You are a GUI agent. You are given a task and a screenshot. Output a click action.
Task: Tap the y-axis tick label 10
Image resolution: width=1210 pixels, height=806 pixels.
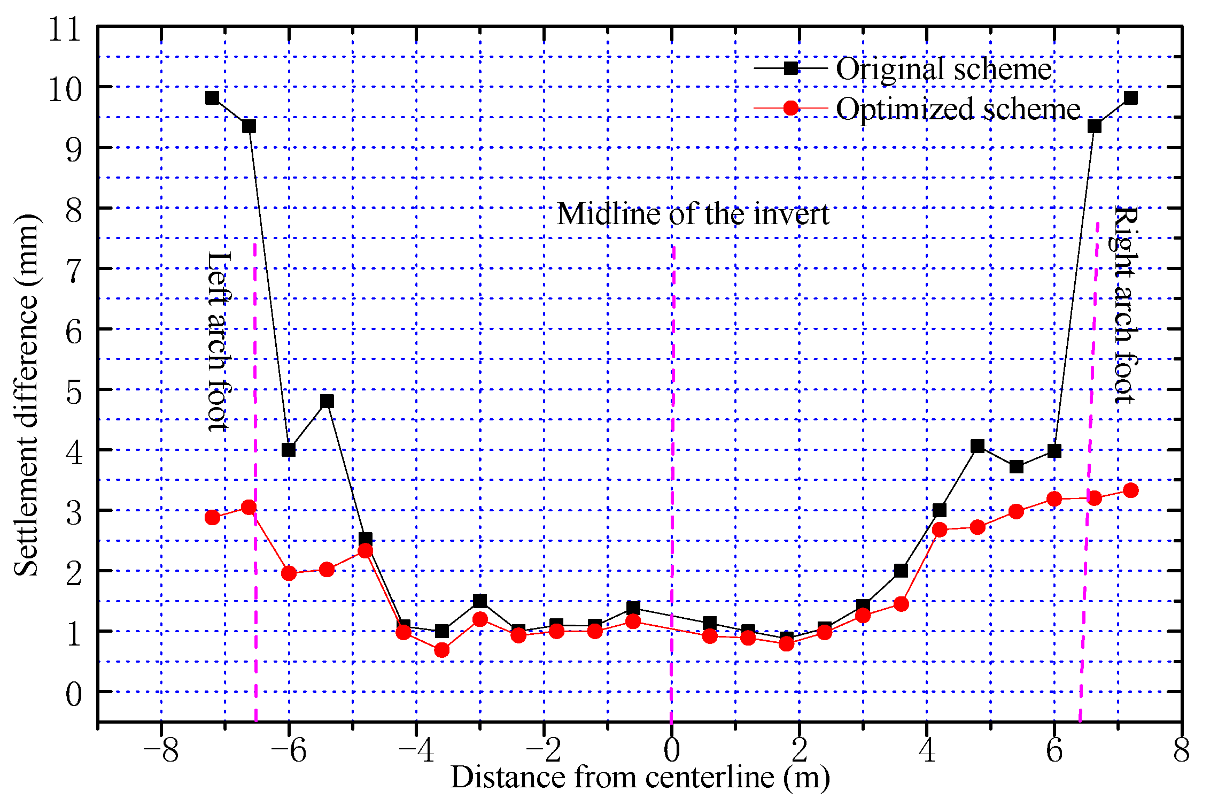pyautogui.click(x=65, y=89)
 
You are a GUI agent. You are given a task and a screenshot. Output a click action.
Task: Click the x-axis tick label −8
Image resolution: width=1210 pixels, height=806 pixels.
pyautogui.click(x=160, y=750)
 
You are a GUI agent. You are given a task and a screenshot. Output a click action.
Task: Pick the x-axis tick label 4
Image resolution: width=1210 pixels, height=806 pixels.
pyautogui.click(x=926, y=750)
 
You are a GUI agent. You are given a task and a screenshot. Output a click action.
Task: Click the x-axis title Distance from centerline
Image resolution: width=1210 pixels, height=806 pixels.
pyautogui.click(x=640, y=777)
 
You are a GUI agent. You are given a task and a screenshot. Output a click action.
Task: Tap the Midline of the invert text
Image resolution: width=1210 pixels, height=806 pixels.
pyautogui.click(x=692, y=214)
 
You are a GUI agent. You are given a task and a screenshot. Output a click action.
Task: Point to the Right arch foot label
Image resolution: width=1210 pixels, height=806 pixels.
pyautogui.click(x=1124, y=305)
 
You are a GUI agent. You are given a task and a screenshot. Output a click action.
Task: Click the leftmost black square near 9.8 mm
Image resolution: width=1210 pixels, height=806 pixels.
pyautogui.click(x=212, y=98)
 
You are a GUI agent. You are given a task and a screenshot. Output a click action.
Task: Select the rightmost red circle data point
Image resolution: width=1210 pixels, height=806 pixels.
pyautogui.click(x=1130, y=490)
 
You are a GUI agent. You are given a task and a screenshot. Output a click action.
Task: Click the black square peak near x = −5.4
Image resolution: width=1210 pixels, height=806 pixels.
pyautogui.click(x=327, y=401)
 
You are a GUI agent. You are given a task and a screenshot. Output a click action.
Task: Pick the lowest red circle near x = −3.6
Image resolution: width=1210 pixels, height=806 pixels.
pyautogui.click(x=441, y=650)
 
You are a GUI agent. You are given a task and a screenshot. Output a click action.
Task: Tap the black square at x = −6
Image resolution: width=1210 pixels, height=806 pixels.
pyautogui.click(x=289, y=450)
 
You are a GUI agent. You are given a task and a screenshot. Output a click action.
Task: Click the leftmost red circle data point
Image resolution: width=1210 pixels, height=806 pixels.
pyautogui.click(x=212, y=517)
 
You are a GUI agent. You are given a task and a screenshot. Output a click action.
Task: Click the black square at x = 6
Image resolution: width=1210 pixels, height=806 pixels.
pyautogui.click(x=1054, y=451)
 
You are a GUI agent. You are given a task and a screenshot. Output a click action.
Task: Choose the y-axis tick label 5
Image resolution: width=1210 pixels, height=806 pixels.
pyautogui.click(x=73, y=392)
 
